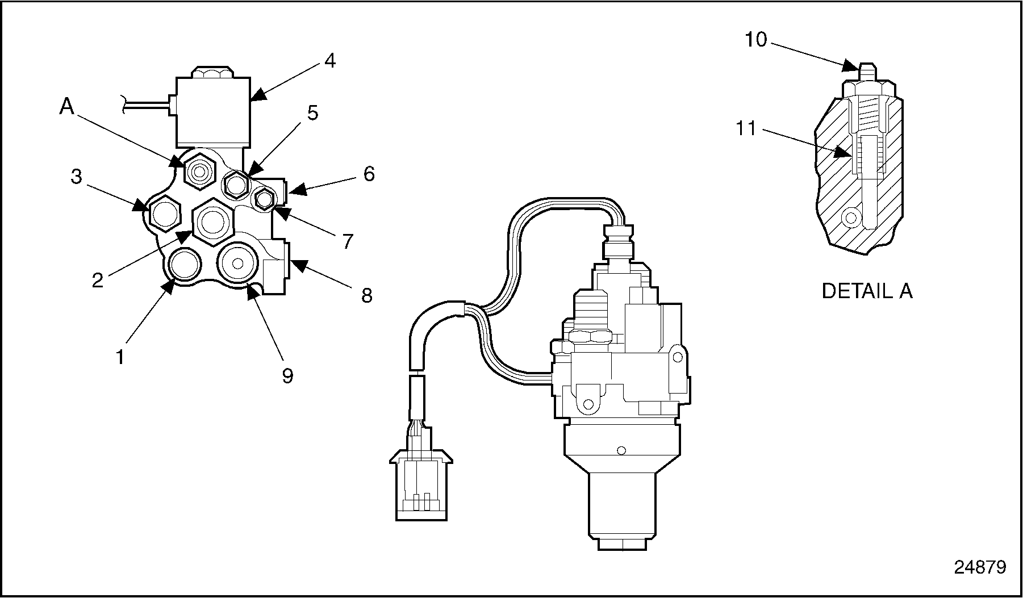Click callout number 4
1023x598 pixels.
[x=329, y=60]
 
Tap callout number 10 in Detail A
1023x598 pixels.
[x=756, y=40]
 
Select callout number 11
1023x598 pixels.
[x=746, y=129]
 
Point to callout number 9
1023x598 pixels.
[x=288, y=375]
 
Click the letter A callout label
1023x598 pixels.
[x=67, y=106]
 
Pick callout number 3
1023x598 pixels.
[x=76, y=177]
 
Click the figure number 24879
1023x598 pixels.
[x=980, y=567]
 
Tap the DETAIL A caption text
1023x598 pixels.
[x=867, y=291]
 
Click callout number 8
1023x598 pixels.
[x=367, y=295]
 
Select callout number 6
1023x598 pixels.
[x=369, y=174]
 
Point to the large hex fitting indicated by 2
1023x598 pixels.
[x=213, y=221]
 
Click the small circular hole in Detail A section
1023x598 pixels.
[x=851, y=217]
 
